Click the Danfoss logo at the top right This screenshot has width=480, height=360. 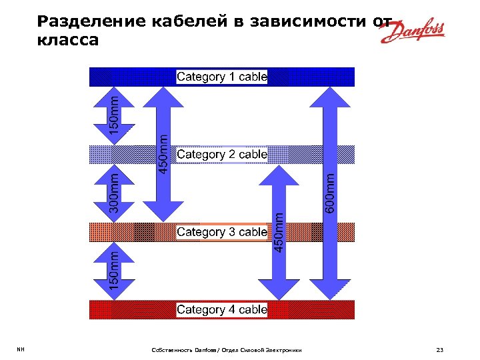[413, 32]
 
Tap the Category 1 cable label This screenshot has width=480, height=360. [222, 77]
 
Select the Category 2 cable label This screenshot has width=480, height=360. [222, 155]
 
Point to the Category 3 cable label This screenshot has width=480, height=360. [222, 232]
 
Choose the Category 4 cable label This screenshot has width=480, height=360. [222, 310]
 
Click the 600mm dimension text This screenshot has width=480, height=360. [331, 193]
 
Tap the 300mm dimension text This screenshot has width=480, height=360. [114, 193]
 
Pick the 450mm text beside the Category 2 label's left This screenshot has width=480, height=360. [163, 152]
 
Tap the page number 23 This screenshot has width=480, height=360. [439, 349]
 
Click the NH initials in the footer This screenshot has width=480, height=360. [21, 349]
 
